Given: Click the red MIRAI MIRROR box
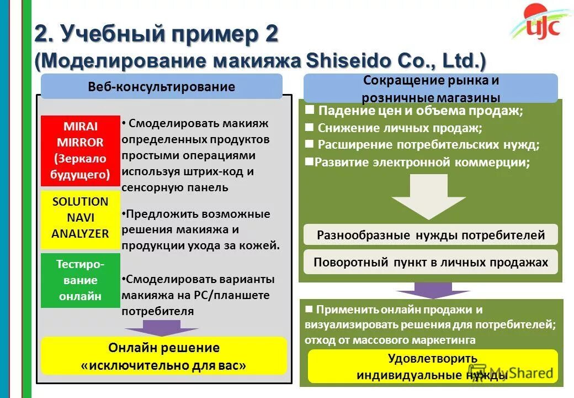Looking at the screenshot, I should pyautogui.click(x=81, y=150).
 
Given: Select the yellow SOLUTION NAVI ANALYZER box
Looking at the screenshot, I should pyautogui.click(x=81, y=218).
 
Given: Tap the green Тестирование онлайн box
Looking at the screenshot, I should pyautogui.click(x=81, y=280).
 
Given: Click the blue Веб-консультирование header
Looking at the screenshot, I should pyautogui.click(x=162, y=87).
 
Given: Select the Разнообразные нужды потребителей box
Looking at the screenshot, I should pyautogui.click(x=431, y=235).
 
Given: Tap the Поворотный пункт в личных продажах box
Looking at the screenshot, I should pyautogui.click(x=431, y=262).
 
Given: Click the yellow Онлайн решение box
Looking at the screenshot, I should pyautogui.click(x=164, y=357).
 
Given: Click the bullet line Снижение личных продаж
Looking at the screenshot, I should pyautogui.click(x=400, y=128).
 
